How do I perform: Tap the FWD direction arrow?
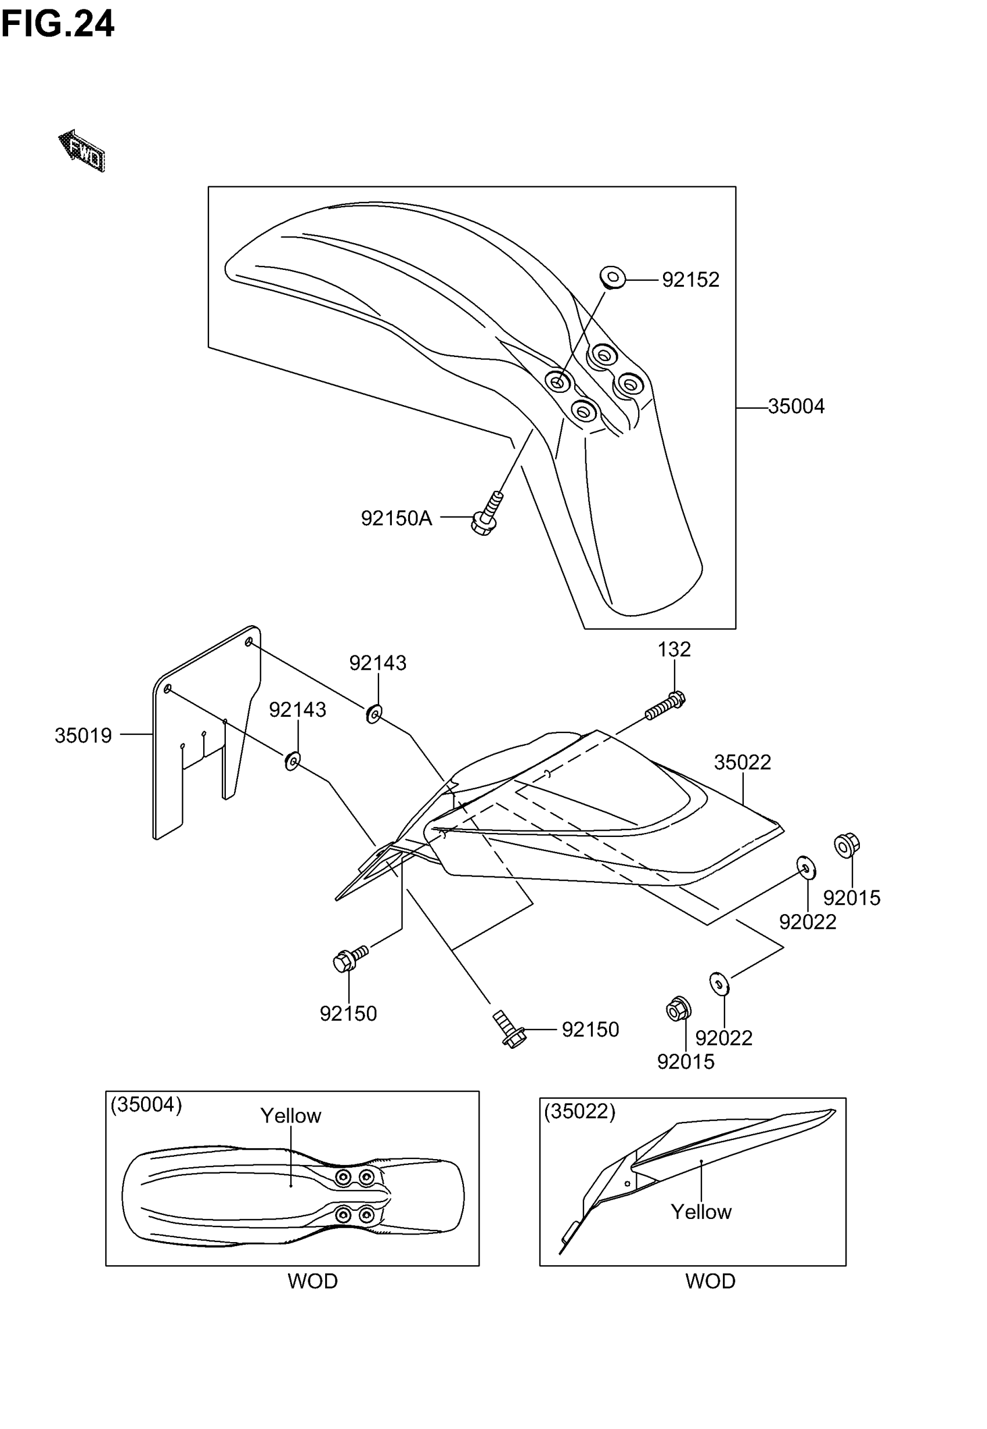[x=82, y=151]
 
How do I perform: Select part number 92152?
[x=690, y=280]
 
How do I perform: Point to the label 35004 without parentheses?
[x=796, y=407]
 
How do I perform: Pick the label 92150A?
[x=396, y=518]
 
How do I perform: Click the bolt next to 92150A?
[x=487, y=514]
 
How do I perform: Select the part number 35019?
[x=83, y=735]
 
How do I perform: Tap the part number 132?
[x=673, y=649]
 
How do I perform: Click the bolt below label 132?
[x=666, y=706]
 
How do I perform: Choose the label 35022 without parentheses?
[x=742, y=762]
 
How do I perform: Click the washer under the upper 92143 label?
[x=374, y=714]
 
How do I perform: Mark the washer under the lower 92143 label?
[x=292, y=761]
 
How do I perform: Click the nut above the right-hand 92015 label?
[x=846, y=845]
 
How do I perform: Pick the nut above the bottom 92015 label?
[x=678, y=1009]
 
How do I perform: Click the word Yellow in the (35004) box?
[x=291, y=1116]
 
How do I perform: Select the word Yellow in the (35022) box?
[x=701, y=1212]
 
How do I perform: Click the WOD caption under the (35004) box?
[x=312, y=1281]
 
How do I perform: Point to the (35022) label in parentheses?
[x=579, y=1112]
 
